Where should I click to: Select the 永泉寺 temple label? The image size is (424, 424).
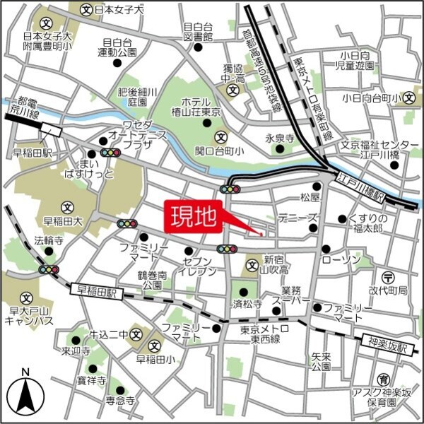coord(279,139)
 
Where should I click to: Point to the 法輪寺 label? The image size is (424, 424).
coord(49,241)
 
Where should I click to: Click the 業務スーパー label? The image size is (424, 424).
coord(295,296)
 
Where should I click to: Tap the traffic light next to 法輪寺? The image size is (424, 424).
coord(49,269)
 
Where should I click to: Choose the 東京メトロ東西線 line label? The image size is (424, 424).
coord(264,334)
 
